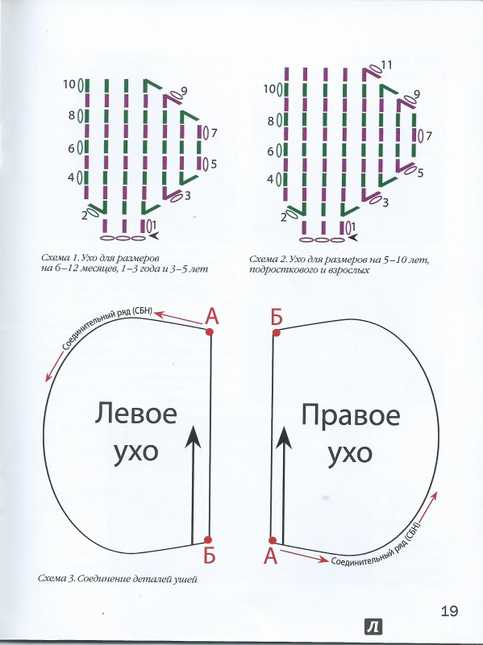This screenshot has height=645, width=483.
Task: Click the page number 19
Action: (x=450, y=611)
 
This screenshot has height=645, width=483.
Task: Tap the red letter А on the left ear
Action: (x=211, y=316)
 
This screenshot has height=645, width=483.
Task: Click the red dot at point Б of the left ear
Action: (x=208, y=539)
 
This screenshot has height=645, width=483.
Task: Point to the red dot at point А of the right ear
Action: (x=272, y=540)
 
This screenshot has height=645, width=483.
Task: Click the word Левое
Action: (x=136, y=414)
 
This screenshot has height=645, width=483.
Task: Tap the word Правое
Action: (x=351, y=416)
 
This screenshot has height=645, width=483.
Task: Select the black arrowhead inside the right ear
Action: (x=284, y=437)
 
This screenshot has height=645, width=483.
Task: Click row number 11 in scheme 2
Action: (x=386, y=64)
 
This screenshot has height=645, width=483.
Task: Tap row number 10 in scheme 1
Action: (x=69, y=85)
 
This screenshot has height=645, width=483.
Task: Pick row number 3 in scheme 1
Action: (x=187, y=196)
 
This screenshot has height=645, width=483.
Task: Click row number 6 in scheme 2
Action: (x=270, y=152)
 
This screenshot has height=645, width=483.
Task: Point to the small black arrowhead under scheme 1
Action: (x=154, y=236)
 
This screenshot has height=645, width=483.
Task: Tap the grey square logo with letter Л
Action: (x=373, y=627)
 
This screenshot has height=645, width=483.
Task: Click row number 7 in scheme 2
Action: (x=429, y=135)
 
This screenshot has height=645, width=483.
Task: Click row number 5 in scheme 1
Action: (x=214, y=164)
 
